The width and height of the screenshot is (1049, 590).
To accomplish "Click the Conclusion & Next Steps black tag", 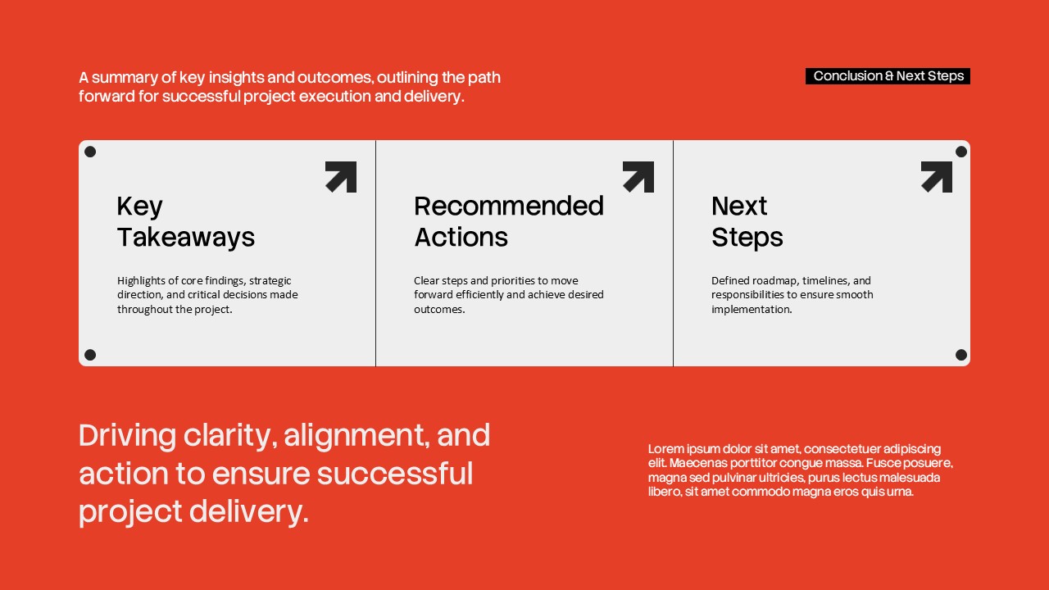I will click(888, 76).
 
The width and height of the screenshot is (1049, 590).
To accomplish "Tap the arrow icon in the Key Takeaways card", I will click(341, 176).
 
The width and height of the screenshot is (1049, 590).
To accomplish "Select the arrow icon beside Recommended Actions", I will click(638, 176).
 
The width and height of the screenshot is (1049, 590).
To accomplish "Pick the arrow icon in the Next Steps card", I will click(937, 176).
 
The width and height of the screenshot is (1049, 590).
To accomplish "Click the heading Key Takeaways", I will click(185, 221).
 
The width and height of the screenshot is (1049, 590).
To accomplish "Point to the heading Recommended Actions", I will click(508, 221).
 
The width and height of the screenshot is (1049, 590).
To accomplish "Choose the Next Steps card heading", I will click(747, 221).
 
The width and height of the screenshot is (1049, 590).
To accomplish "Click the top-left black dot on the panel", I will click(90, 152).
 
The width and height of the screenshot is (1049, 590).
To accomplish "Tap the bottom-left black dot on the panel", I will click(90, 355).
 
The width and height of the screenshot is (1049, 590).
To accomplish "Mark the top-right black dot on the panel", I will click(961, 152).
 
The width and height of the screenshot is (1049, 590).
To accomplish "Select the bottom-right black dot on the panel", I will click(961, 355).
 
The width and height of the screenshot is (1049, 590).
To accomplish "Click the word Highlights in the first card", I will click(141, 280).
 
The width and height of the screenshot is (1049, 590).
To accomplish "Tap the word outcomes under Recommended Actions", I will click(439, 310).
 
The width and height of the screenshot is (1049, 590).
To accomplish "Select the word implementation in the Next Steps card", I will click(751, 310).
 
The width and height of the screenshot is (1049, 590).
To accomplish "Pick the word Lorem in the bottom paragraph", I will click(665, 449).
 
